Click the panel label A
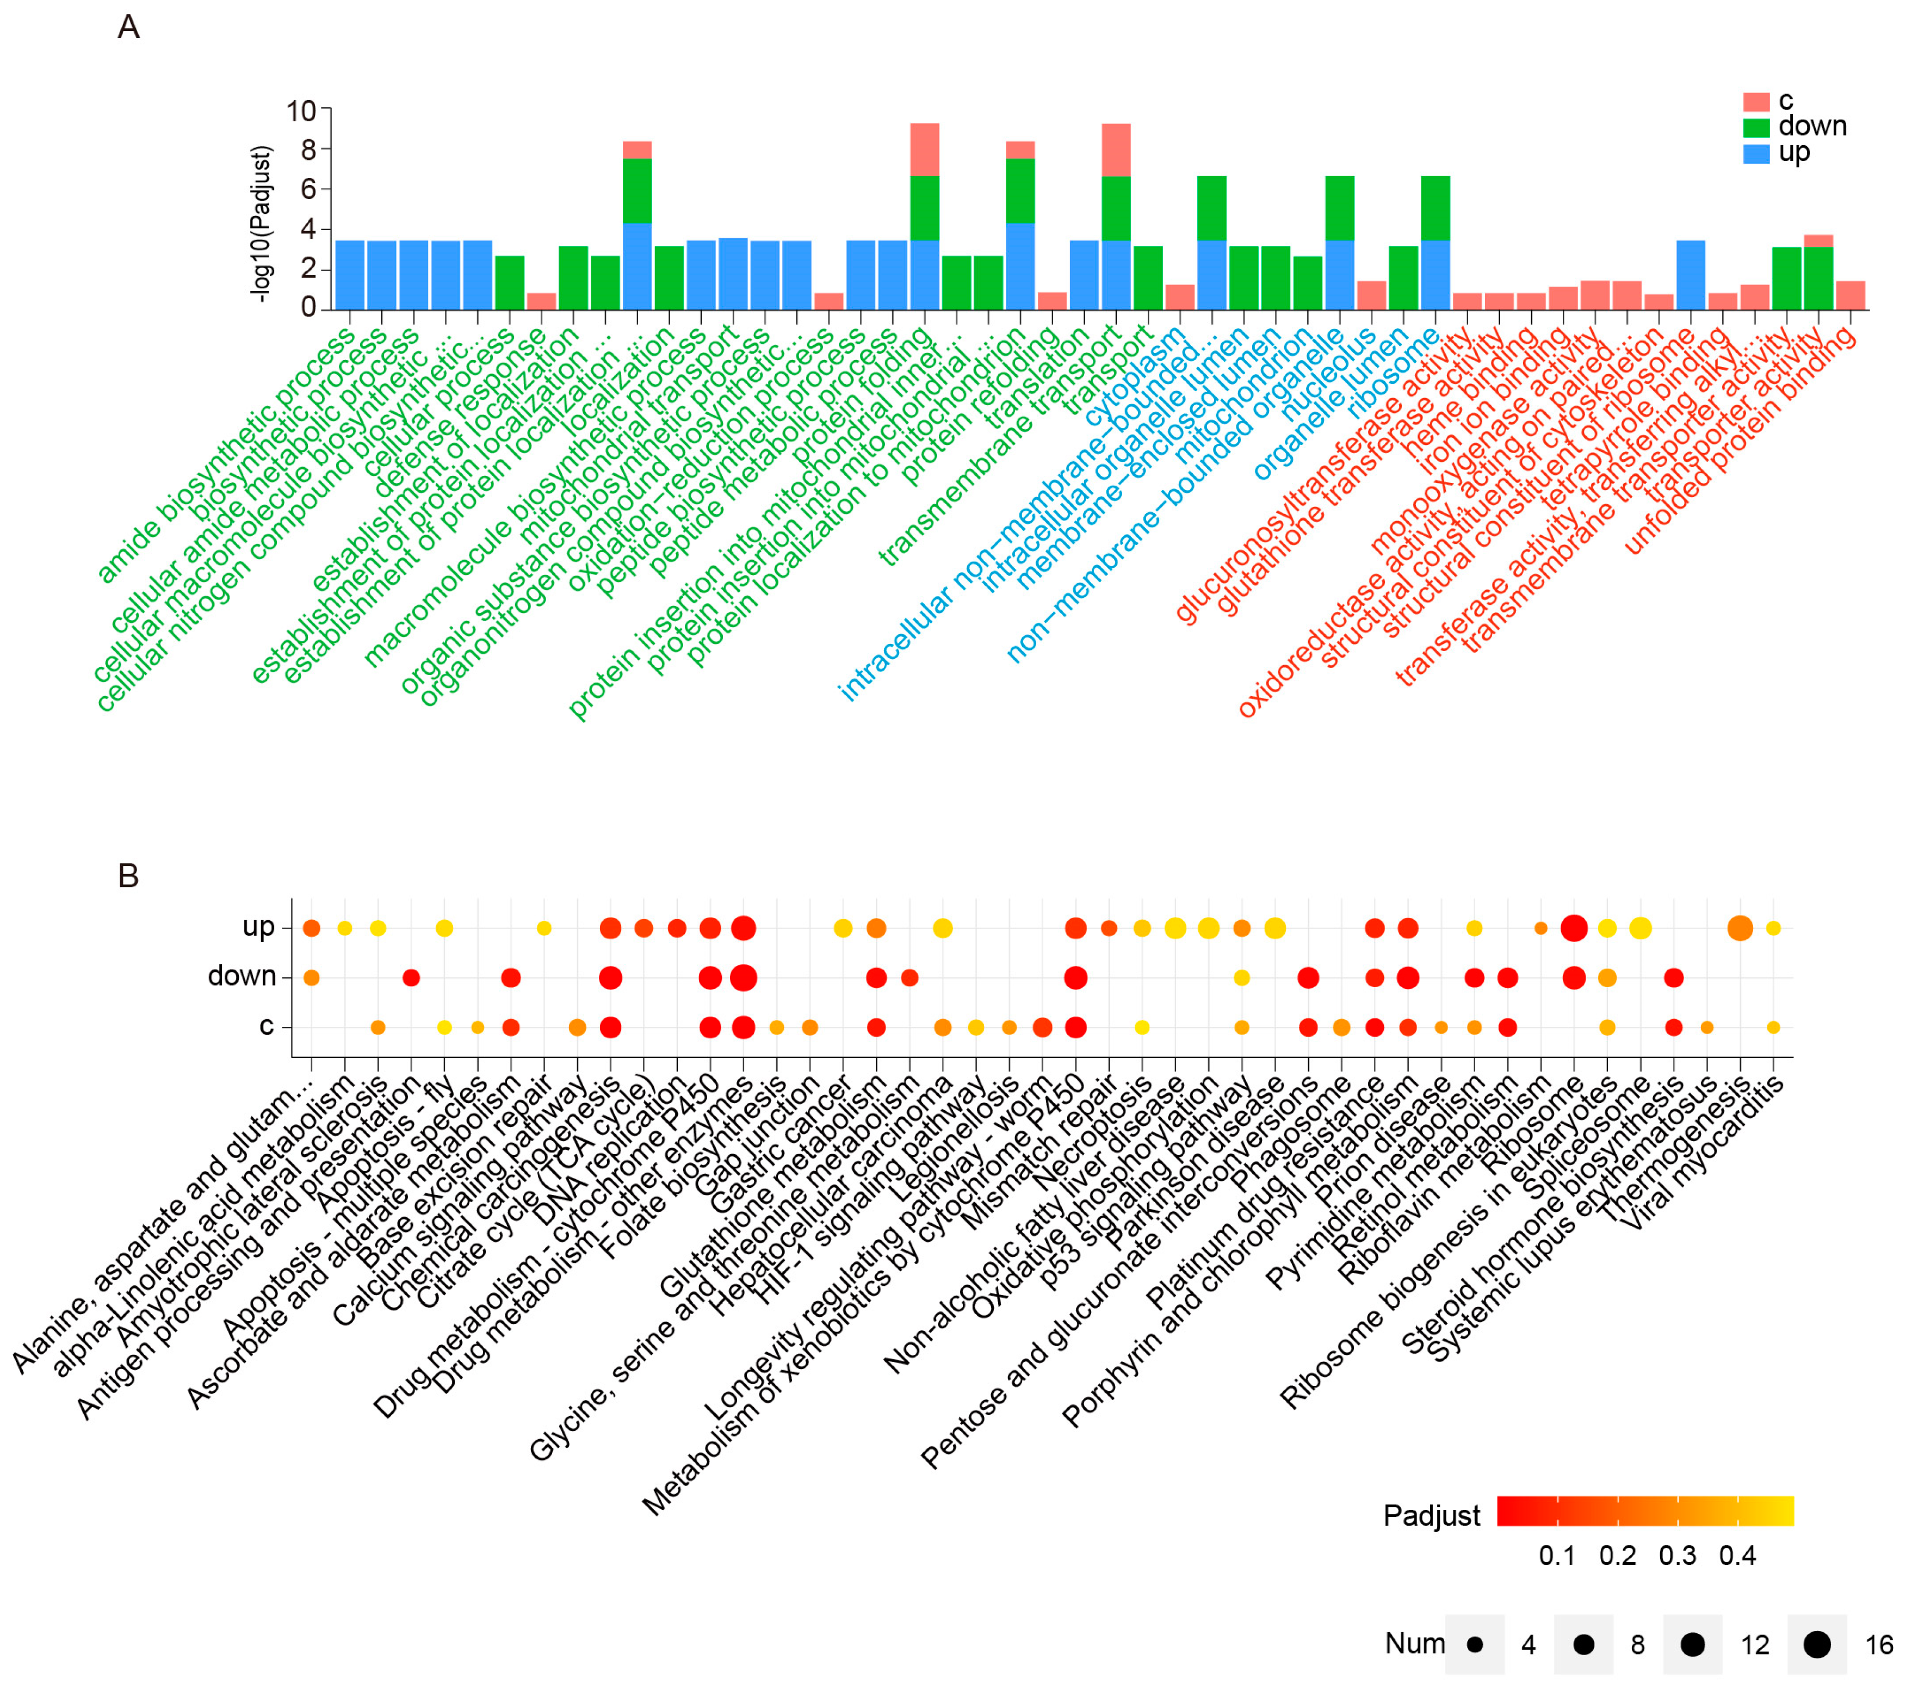tap(129, 27)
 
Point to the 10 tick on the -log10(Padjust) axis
tap(301, 111)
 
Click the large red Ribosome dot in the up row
tap(1574, 928)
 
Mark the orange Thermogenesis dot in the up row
tap(1740, 928)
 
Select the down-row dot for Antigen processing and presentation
tap(411, 977)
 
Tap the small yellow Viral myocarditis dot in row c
tap(1774, 1027)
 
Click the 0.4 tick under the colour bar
tap(1737, 1556)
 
